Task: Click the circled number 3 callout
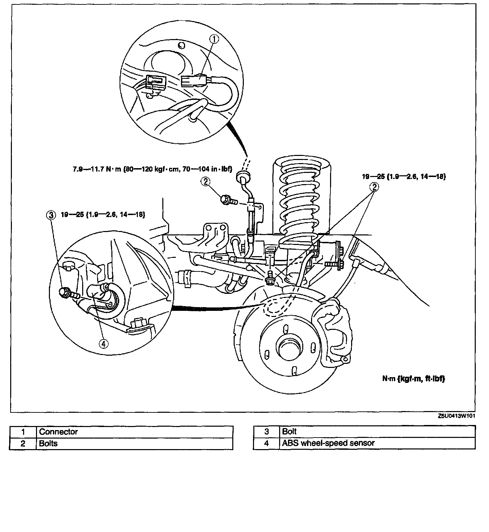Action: click(51, 215)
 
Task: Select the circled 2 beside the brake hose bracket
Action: click(205, 182)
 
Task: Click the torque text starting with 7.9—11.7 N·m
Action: click(152, 169)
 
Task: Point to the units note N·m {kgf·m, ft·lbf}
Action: click(413, 379)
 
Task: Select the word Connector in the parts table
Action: click(58, 432)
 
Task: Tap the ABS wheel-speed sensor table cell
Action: click(328, 443)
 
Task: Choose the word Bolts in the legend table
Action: click(48, 443)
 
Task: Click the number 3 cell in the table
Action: click(267, 432)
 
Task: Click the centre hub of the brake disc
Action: click(289, 347)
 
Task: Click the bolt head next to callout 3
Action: click(65, 292)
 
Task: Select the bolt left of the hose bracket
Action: click(226, 199)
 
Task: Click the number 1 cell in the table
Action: click(23, 432)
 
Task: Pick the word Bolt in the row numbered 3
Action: click(289, 431)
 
